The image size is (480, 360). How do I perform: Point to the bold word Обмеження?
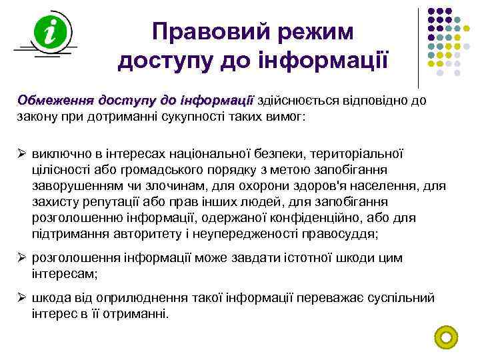pos(55,101)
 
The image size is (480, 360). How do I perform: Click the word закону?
pos(37,116)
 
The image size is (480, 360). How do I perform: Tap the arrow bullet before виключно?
pos(21,154)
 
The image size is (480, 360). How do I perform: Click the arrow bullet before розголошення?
pos(21,258)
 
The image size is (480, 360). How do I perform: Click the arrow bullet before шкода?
pos(21,298)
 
